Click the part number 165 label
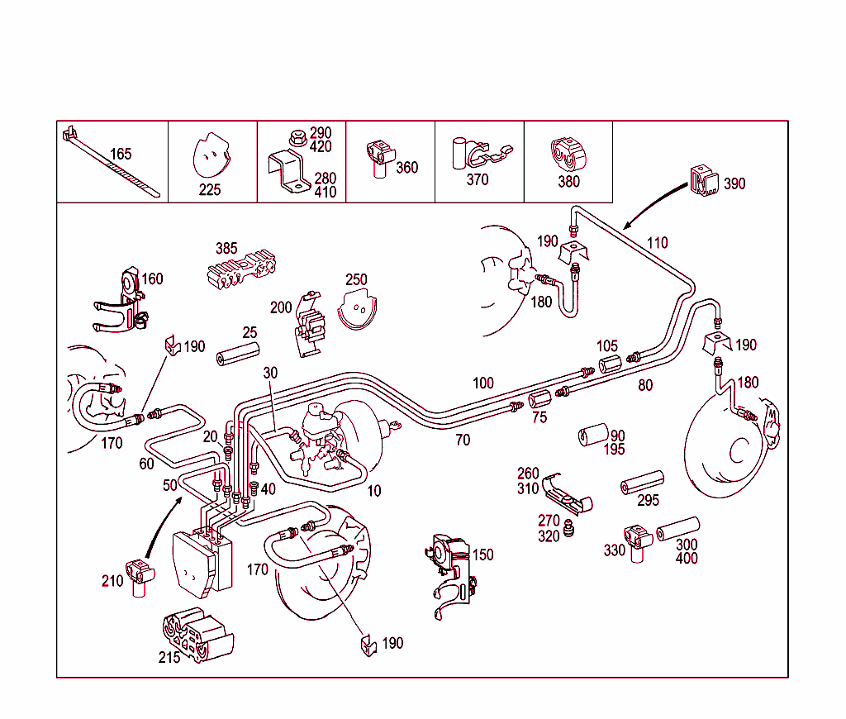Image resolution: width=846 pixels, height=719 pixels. [121, 154]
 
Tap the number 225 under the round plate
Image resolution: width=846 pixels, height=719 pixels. [210, 189]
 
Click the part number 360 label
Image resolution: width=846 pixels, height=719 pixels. [406, 167]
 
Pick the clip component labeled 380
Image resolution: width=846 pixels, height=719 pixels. [566, 156]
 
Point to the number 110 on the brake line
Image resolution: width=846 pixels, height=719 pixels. [658, 243]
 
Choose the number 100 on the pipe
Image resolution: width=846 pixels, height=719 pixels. [483, 383]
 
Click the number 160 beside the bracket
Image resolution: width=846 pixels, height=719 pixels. [153, 279]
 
